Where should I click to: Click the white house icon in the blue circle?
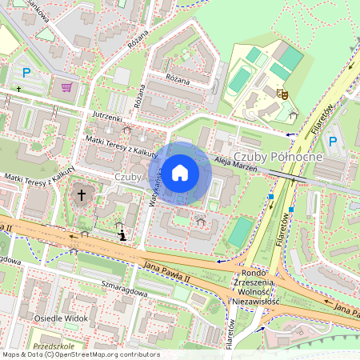(x=181, y=172)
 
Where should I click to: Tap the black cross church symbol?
(x=81, y=194)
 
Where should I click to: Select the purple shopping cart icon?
(x=66, y=86)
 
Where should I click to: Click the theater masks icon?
(x=282, y=94)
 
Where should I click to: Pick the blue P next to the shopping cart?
(x=27, y=73)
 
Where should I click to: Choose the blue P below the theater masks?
(x=334, y=142)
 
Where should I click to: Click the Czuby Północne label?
(x=277, y=156)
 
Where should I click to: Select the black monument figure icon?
(x=122, y=235)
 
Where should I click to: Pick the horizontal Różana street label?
(x=177, y=80)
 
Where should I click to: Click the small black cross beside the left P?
(x=18, y=88)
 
